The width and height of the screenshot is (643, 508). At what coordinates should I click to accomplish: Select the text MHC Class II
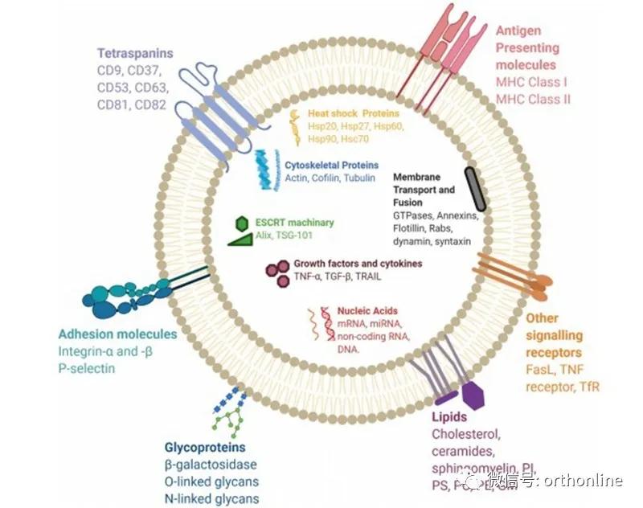[x=533, y=99]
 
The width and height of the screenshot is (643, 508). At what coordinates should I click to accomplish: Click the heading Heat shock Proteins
[x=354, y=113]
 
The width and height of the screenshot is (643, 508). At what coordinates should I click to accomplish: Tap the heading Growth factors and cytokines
[x=358, y=263]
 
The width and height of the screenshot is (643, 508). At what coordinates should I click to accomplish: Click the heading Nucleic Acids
[x=367, y=311]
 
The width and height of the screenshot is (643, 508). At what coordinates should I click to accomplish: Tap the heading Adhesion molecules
[x=117, y=334]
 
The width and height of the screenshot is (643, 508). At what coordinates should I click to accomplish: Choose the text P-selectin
[x=87, y=369]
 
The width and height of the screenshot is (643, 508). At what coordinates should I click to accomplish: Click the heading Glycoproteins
[x=205, y=447]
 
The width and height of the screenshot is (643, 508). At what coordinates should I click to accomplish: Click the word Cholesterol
[x=467, y=435]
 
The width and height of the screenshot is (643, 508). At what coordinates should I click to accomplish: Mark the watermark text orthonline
[x=584, y=481]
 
